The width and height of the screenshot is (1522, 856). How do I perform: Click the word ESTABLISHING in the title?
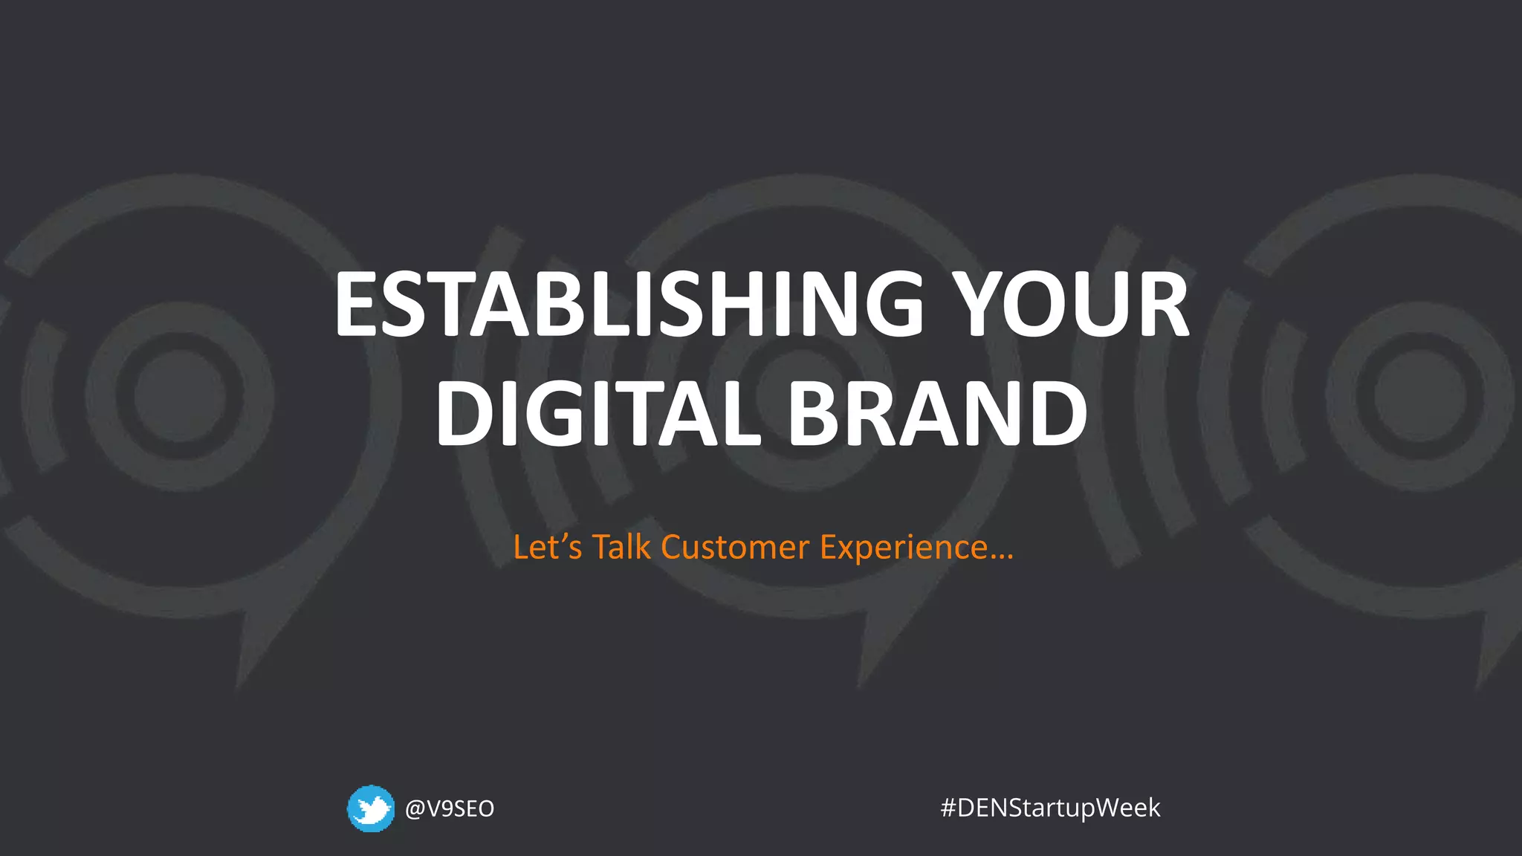(x=629, y=305)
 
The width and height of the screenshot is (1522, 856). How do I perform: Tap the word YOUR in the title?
(x=1070, y=305)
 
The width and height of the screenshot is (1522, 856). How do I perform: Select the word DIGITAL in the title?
(x=599, y=413)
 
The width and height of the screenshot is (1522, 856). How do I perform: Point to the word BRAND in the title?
(x=938, y=413)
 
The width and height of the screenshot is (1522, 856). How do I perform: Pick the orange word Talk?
(x=621, y=548)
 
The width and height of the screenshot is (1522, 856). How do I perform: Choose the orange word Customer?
(x=735, y=548)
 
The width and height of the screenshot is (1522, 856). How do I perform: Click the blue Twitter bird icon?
(x=371, y=808)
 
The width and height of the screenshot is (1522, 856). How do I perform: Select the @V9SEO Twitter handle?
(x=450, y=808)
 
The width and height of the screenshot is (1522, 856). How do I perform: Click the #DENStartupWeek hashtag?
(x=1050, y=808)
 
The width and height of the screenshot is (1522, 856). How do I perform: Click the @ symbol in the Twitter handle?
(x=415, y=808)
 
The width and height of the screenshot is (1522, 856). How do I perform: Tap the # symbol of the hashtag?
(x=948, y=808)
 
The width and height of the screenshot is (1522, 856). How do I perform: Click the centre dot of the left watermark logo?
(x=180, y=396)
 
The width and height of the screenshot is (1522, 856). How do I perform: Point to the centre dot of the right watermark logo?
(x=1420, y=396)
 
